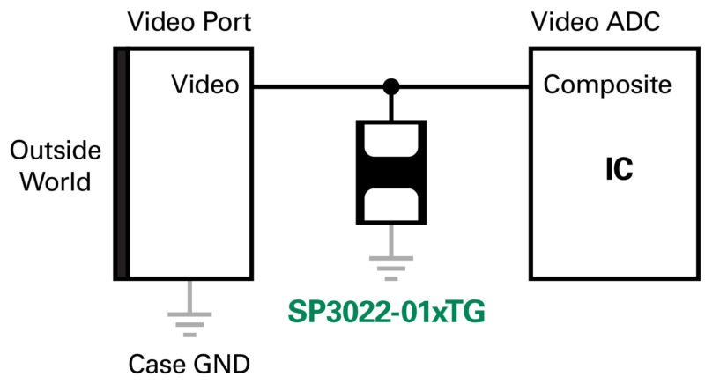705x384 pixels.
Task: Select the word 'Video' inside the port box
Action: pos(205,85)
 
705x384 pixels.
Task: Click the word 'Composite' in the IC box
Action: pos(608,85)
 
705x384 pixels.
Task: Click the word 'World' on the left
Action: pos(56,182)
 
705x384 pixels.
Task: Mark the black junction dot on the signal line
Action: pos(390,86)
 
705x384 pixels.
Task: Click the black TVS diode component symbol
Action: pos(390,173)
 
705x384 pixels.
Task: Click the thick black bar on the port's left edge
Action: pos(122,164)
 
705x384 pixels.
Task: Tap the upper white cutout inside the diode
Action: pos(390,143)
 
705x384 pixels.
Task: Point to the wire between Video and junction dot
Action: pos(317,86)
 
